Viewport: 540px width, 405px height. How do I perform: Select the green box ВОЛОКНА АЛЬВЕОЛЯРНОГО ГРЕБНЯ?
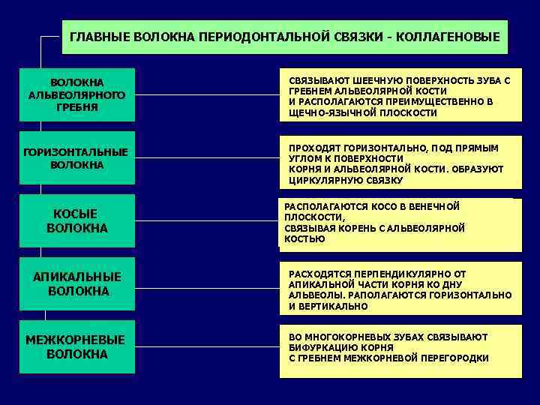pos(76,94)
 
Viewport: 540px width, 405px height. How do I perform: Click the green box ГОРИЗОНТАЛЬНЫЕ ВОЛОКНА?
pos(76,158)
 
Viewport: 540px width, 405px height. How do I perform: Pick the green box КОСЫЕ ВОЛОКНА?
pos(76,220)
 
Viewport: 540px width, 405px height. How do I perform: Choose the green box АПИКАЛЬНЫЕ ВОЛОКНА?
pos(76,283)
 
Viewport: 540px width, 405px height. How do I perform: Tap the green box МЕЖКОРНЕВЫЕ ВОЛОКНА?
pos(76,346)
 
